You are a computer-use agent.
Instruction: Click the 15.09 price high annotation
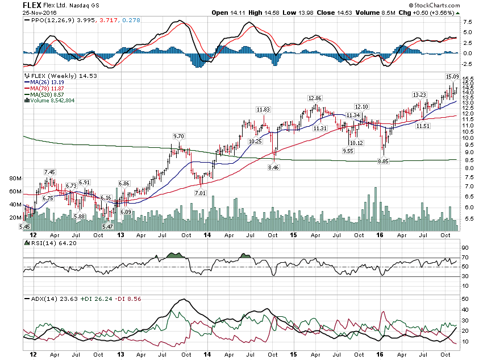[451, 76]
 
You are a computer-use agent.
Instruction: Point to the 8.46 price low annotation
[273, 168]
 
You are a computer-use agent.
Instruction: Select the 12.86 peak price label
[315, 98]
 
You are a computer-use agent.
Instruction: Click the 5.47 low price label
[107, 226]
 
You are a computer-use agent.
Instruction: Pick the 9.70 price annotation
[179, 136]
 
